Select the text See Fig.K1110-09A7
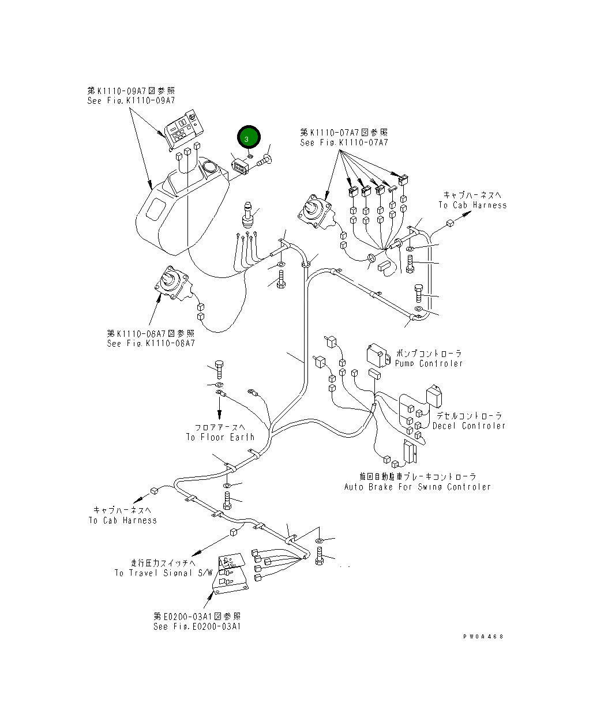tap(131, 101)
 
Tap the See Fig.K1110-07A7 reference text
tap(344, 142)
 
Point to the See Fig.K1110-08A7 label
tap(151, 343)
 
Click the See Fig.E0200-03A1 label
tap(197, 626)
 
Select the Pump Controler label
tap(429, 363)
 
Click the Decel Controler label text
tap(468, 426)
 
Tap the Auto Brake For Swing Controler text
tap(417, 487)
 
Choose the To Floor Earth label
tap(220, 437)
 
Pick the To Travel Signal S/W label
tap(163, 573)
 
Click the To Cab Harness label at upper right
tap(472, 205)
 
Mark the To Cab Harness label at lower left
tap(122, 520)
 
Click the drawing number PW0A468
tap(483, 637)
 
